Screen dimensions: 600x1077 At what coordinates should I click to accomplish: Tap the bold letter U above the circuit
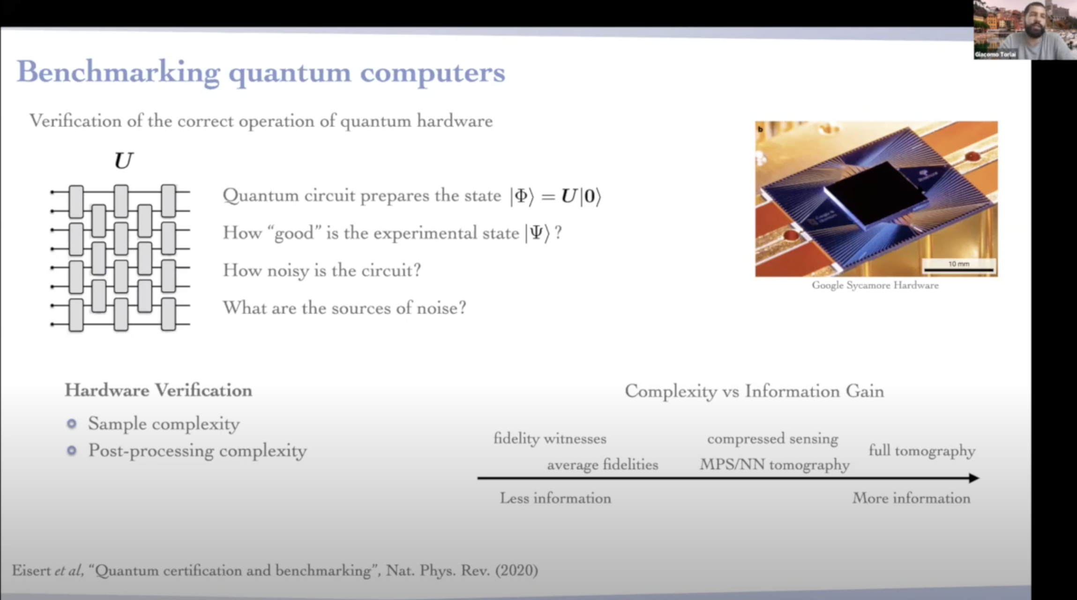pyautogui.click(x=124, y=161)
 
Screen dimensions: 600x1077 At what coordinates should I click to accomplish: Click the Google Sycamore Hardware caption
pyautogui.click(x=875, y=285)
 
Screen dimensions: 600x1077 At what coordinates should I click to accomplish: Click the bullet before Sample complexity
pyautogui.click(x=72, y=424)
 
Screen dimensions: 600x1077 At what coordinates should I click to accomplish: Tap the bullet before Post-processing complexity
pyautogui.click(x=72, y=450)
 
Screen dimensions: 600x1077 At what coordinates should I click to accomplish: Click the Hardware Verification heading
pyautogui.click(x=158, y=390)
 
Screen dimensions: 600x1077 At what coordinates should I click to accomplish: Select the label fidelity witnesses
pyautogui.click(x=550, y=439)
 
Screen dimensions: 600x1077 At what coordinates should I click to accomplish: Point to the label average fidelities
pyautogui.click(x=603, y=465)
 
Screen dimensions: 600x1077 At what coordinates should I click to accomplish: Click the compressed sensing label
pyautogui.click(x=772, y=439)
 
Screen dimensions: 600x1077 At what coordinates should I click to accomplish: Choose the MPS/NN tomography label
pyautogui.click(x=774, y=465)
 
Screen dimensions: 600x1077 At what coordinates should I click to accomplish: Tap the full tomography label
pyautogui.click(x=922, y=450)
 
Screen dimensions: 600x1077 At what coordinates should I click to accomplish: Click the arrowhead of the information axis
pyautogui.click(x=974, y=478)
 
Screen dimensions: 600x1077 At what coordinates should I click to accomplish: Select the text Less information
pyautogui.click(x=555, y=498)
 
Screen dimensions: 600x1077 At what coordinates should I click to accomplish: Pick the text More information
pyautogui.click(x=911, y=498)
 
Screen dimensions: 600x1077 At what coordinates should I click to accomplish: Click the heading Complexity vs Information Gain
pyautogui.click(x=754, y=391)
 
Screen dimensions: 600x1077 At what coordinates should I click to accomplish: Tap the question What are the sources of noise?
pyautogui.click(x=344, y=308)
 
